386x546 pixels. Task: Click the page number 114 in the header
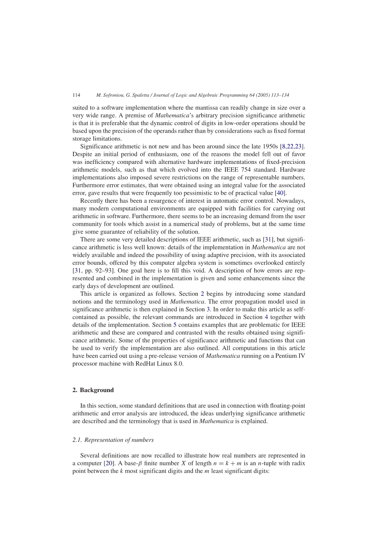(76, 95)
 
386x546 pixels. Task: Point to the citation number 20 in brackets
(109, 463)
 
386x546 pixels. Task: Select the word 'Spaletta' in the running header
(146, 95)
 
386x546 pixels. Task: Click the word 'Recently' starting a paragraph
(92, 201)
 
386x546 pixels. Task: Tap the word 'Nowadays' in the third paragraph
(290, 201)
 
